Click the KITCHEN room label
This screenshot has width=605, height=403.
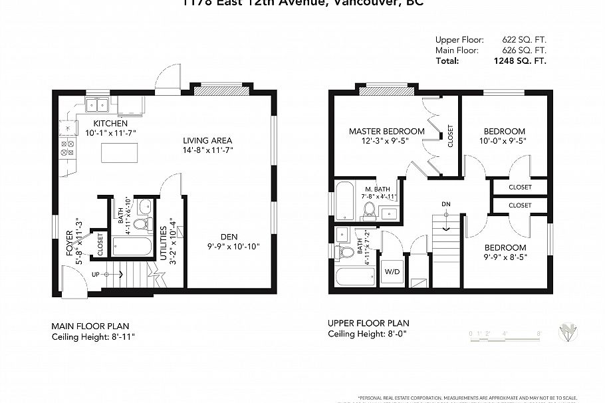pos(110,124)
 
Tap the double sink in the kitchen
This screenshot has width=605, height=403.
pos(98,105)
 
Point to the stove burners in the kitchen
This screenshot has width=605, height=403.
pos(67,148)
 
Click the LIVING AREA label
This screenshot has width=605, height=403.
pos(207,140)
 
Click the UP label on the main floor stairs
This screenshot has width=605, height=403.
pos(95,274)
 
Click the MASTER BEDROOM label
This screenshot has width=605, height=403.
pos(386,132)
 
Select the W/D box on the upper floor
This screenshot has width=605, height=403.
pos(391,271)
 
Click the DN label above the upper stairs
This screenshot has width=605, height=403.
pos(445,203)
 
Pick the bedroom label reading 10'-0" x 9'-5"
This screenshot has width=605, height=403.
pos(504,140)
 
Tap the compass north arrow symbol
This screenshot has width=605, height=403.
pos(568,331)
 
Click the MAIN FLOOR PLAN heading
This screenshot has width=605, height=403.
pos(90,326)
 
